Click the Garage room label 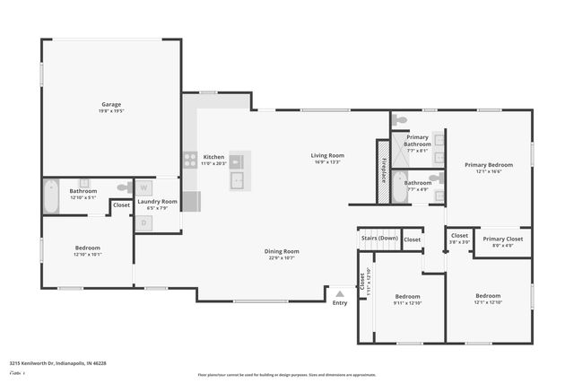click(x=111, y=105)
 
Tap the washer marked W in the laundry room click(x=143, y=188)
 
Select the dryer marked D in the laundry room click(x=143, y=222)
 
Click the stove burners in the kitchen click(x=190, y=161)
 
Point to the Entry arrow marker click(x=340, y=292)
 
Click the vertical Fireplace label click(x=383, y=170)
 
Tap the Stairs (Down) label click(x=379, y=239)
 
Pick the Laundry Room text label click(x=157, y=202)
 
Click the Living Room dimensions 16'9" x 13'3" click(x=327, y=163)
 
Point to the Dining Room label click(x=282, y=251)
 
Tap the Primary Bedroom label click(x=488, y=165)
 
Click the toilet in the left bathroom click(x=83, y=184)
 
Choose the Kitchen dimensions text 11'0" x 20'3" click(x=213, y=163)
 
